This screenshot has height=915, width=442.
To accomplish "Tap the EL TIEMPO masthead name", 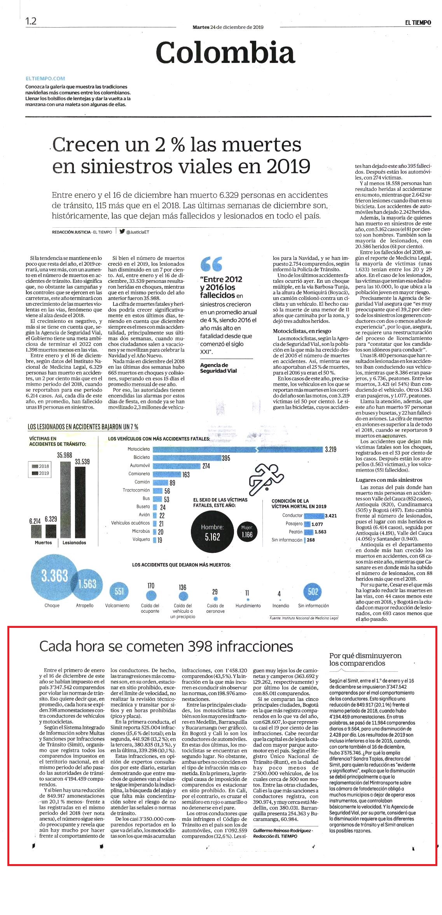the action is [x=418, y=23].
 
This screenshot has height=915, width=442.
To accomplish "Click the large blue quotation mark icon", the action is [x=211, y=264].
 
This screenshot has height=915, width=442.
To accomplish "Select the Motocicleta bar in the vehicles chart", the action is [x=238, y=449].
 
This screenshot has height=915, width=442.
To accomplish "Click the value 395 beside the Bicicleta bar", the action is [x=226, y=458].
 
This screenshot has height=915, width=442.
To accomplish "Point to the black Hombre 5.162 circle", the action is [x=213, y=532].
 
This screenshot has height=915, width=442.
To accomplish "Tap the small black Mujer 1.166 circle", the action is [x=247, y=532].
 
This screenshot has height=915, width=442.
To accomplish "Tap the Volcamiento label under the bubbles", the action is [x=117, y=606].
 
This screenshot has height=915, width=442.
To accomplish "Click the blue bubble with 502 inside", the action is [x=313, y=592].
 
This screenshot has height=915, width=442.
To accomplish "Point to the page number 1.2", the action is [x=31, y=21].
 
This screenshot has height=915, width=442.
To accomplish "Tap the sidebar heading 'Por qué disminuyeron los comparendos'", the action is [x=365, y=659].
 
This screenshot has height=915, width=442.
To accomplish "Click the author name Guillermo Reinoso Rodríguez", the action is [x=282, y=830].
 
